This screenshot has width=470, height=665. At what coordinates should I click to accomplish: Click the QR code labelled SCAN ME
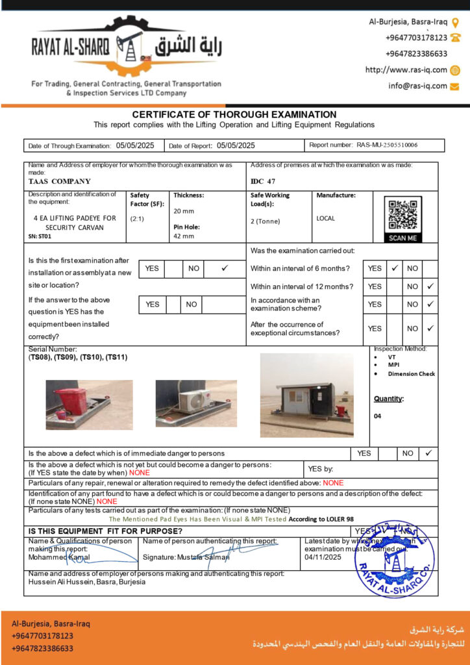[x=402, y=214]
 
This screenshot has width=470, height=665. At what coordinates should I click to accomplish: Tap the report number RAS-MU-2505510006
[x=387, y=145]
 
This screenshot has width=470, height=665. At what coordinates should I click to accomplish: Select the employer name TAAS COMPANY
[x=60, y=181]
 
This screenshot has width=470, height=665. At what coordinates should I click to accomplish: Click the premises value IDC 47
[x=263, y=181]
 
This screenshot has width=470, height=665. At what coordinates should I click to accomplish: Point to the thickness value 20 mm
[x=185, y=211]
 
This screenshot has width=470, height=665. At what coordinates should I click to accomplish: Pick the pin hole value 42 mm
[x=184, y=236]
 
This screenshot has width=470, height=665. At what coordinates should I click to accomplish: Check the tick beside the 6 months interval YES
[x=394, y=268]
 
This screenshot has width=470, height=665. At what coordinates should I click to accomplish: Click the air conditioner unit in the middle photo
[x=195, y=401]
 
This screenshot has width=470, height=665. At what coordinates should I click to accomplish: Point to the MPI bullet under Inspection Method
[x=393, y=366]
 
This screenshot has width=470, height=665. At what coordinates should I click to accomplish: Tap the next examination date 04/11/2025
[x=323, y=557]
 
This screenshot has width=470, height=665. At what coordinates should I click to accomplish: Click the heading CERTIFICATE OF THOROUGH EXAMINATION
[x=234, y=114]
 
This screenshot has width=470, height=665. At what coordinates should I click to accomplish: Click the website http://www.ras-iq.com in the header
[x=406, y=69]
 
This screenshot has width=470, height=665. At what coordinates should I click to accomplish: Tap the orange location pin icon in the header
[x=456, y=21]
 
